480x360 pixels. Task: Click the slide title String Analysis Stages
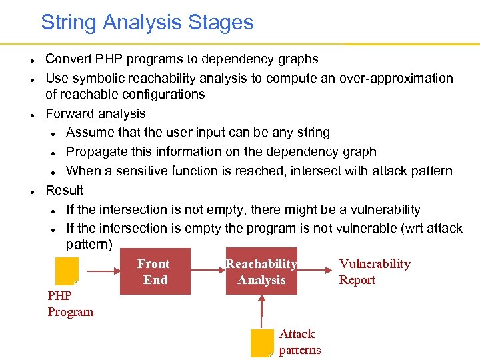[147, 22]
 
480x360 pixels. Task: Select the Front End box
[155, 271]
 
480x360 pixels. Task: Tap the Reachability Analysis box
[261, 271]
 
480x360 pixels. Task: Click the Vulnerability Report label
[374, 272]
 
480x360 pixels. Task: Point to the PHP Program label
[70, 304]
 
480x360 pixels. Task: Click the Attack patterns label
[299, 342]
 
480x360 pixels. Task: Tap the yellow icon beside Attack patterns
[262, 343]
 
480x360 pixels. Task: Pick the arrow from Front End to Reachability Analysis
[207, 271]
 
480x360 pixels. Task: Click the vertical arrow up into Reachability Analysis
[262, 311]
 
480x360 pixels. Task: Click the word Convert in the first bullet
[67, 59]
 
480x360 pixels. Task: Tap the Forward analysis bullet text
[95, 113]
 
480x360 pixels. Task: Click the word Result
[64, 190]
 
